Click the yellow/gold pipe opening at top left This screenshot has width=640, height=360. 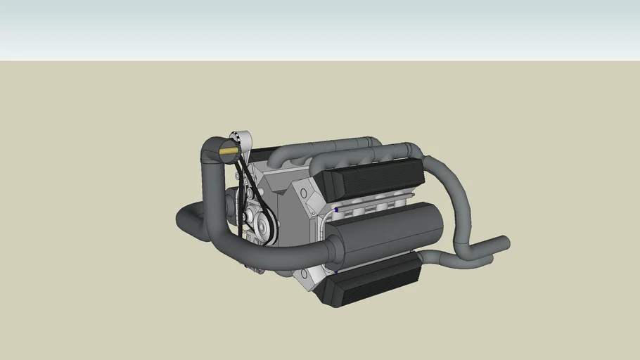[x=229, y=150]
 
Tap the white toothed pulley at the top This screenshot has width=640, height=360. [x=241, y=139]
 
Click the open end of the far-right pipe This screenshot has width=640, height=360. [x=504, y=243]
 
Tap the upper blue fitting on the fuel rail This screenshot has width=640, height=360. [x=337, y=210]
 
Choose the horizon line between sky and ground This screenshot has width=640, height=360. [x=320, y=60]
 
